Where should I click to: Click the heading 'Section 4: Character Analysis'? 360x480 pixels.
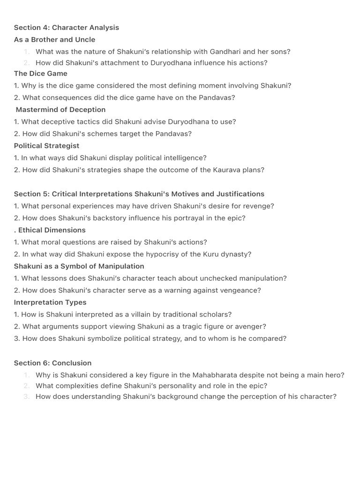pyautogui.click(x=67, y=28)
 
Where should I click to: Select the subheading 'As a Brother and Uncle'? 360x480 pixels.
pyautogui.click(x=54, y=40)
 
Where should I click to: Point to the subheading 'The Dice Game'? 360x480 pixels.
pyautogui.click(x=41, y=74)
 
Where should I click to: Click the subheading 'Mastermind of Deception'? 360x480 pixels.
pyautogui.click(x=60, y=110)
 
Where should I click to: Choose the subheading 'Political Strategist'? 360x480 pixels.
pyautogui.click(x=46, y=146)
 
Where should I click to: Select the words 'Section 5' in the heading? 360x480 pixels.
pyautogui.click(x=30, y=194)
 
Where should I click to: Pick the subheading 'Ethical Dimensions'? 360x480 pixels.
pyautogui.click(x=52, y=230)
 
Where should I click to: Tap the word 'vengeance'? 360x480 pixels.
pyautogui.click(x=241, y=291)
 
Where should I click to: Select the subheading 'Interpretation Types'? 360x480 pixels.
pyautogui.click(x=50, y=302)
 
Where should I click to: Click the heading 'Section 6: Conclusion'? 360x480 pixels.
pyautogui.click(x=52, y=363)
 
